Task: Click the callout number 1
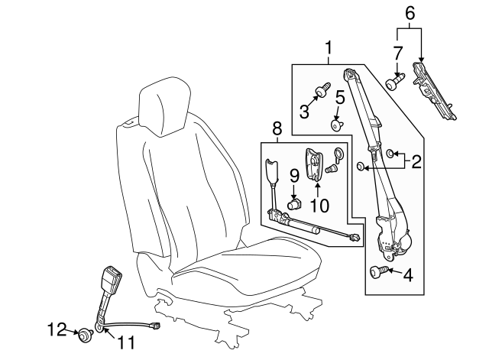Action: [328, 49]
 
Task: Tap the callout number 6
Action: [410, 14]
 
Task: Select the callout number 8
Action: [277, 128]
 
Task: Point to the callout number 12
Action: [57, 329]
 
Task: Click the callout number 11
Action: [126, 342]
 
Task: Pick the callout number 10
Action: [319, 206]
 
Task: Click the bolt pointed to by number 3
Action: [323, 89]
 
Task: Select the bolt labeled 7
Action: [394, 82]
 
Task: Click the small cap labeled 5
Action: [337, 125]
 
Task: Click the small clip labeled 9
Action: [293, 204]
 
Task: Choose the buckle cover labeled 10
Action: [314, 164]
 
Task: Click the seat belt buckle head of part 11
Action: [111, 277]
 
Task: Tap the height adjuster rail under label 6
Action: [434, 91]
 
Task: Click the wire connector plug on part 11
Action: [155, 326]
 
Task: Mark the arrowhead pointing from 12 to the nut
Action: [76, 332]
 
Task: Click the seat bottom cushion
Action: [246, 268]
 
